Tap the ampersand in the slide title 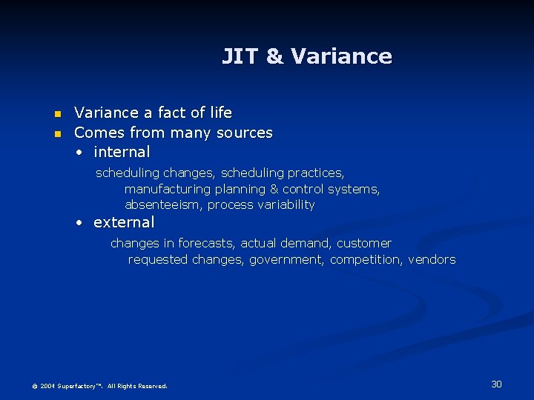tap(274, 56)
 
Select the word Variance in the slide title tap(341, 56)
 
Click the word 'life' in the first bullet tap(221, 113)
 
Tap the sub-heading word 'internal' tap(122, 152)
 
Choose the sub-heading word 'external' tap(124, 222)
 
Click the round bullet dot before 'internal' tap(79, 153)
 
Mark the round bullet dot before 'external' tap(79, 223)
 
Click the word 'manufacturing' tap(168, 189)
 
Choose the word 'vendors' tap(432, 259)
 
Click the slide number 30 tap(497, 384)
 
